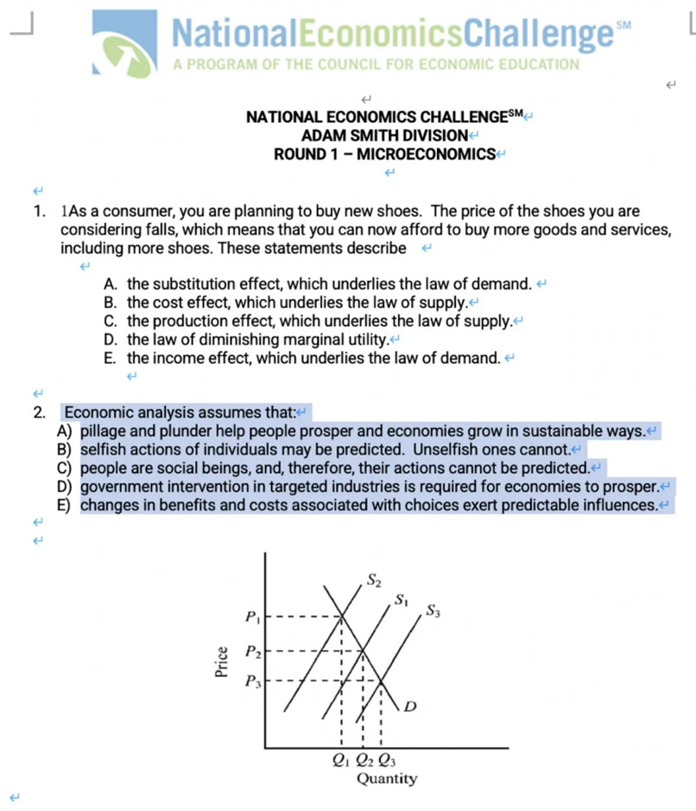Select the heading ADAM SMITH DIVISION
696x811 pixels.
[383, 136]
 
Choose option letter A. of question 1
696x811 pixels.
[111, 284]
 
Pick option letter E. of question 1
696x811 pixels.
[111, 358]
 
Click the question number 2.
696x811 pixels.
[39, 412]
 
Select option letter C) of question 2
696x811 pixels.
[63, 468]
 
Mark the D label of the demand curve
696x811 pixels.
[410, 707]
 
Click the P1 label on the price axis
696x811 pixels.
[250, 617]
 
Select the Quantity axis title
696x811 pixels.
[386, 779]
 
